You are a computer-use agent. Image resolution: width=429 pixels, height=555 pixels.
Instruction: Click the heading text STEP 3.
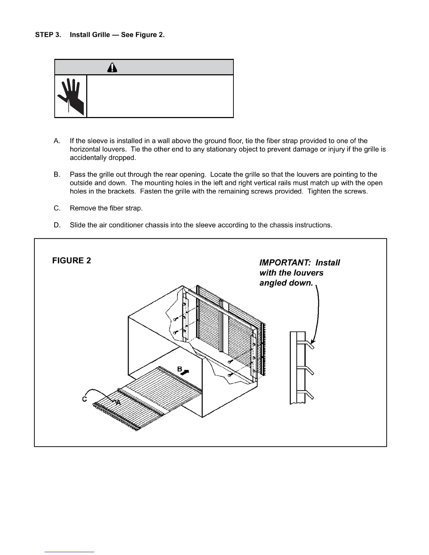pos(48,35)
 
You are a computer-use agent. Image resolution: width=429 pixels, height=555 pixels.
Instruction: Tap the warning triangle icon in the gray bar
pos(112,67)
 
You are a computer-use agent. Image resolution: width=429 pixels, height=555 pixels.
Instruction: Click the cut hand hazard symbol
pos(71,96)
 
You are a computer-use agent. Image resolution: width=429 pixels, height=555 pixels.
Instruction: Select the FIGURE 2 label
pos(71,261)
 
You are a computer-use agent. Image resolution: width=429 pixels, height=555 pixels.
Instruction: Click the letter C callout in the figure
pos(84,399)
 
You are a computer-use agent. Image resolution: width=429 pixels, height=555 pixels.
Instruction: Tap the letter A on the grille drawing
pos(118,403)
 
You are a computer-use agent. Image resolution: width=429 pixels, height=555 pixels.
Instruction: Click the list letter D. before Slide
pos(57,225)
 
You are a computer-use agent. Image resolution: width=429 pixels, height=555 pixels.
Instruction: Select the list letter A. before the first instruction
pos(57,141)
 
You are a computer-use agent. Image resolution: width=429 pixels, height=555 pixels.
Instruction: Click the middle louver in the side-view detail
pos(309,370)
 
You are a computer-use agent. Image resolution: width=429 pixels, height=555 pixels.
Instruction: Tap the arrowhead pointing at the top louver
pos(313,341)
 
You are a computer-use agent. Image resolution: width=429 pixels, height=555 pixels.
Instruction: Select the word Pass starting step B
pos(77,174)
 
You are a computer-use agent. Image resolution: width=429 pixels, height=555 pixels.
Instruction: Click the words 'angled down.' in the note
pos(286,283)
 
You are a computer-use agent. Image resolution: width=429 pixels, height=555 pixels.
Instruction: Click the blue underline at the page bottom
pos(69,552)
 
